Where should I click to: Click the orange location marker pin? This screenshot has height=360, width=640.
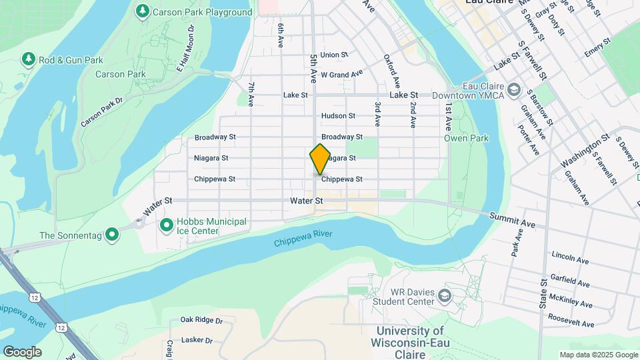320,159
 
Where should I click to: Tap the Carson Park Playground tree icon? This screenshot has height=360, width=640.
142,11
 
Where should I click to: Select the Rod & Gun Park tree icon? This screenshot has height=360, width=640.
28,60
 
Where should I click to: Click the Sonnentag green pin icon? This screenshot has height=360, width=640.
113,235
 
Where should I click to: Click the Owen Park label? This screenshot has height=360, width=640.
467,139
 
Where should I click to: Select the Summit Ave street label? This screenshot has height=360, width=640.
513,219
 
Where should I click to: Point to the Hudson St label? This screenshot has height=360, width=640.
338,116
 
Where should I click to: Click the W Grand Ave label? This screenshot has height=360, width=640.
341,74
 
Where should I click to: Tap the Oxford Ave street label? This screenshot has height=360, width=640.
391,71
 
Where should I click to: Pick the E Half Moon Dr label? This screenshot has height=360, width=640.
185,48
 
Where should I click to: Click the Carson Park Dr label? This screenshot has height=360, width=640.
101,113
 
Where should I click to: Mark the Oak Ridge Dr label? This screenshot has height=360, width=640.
201,320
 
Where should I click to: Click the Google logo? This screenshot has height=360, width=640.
22,352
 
